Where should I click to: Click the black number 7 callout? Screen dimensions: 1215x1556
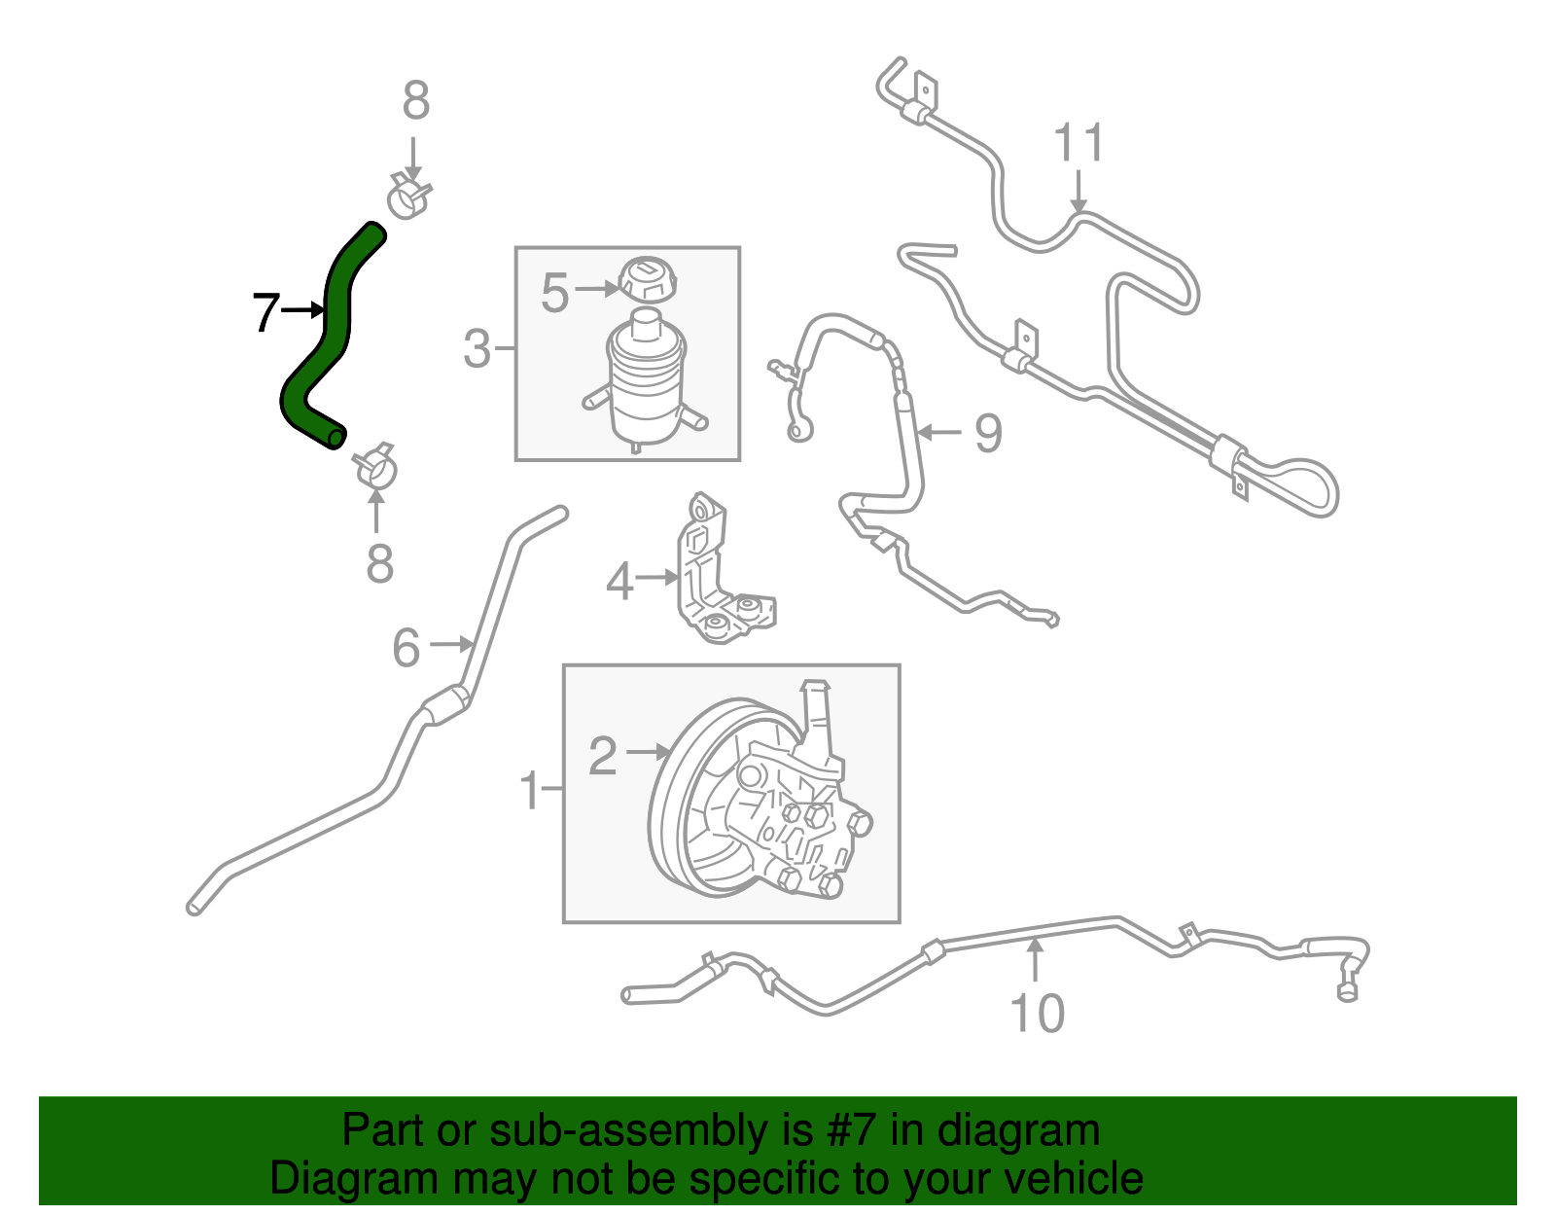[265, 312]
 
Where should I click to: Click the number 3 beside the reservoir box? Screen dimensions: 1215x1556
[477, 348]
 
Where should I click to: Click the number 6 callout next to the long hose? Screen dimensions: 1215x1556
[407, 647]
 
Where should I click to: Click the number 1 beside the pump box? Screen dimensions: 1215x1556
[530, 790]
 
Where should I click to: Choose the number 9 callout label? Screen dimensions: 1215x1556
[988, 433]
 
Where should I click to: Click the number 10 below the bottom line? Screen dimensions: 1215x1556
[1038, 1014]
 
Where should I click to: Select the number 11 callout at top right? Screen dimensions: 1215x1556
[1079, 143]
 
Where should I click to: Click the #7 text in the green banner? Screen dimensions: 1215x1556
[850, 1130]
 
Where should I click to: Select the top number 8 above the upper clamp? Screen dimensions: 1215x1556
[416, 100]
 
